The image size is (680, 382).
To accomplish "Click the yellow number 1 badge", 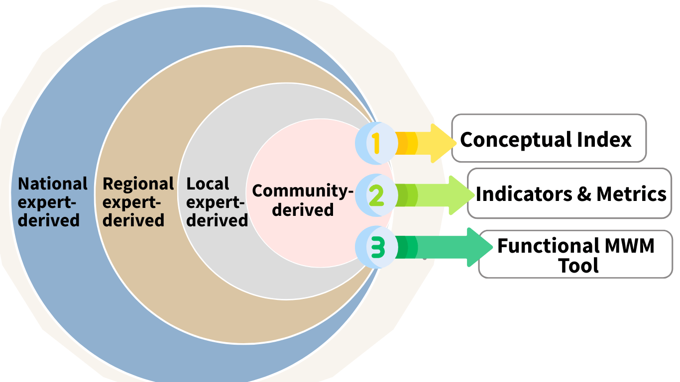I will [x=376, y=143].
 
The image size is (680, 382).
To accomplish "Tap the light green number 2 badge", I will [x=376, y=195].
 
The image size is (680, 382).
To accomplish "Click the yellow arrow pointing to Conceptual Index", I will [x=426, y=143].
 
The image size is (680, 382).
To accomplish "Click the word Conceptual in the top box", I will [x=516, y=140].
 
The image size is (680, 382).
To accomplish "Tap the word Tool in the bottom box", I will [x=578, y=266].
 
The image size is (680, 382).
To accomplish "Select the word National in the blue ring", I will [x=52, y=184].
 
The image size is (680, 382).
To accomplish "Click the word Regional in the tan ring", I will [x=138, y=184].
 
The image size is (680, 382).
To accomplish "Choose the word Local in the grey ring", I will [x=208, y=184].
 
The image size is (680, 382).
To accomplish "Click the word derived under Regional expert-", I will [x=133, y=220].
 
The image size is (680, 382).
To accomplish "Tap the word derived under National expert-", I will [x=49, y=220].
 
